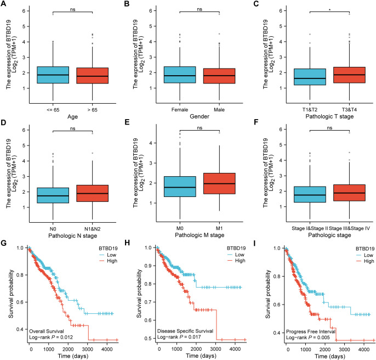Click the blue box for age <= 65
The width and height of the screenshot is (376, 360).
[x=53, y=75]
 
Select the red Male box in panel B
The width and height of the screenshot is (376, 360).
[x=219, y=76]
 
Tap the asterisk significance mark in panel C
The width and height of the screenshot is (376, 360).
[x=330, y=10]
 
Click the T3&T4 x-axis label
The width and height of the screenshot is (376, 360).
[x=349, y=110]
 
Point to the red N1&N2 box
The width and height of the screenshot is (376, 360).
[x=92, y=193]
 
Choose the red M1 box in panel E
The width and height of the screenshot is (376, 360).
[x=219, y=183]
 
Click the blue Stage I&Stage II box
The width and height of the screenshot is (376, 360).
[x=310, y=194]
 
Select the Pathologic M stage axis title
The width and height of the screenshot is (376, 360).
[x=200, y=235]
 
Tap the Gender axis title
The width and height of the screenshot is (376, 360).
[x=200, y=116]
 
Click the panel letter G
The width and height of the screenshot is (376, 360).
[x=3, y=243]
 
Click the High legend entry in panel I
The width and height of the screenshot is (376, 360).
[x=365, y=261]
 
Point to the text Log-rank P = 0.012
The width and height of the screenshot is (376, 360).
[x=51, y=337]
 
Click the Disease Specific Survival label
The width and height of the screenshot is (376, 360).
[x=185, y=331]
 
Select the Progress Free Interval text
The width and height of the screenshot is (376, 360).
[x=311, y=331]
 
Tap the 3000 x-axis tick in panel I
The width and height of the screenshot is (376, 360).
[x=344, y=350]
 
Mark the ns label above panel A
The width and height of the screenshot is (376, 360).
[x=73, y=9]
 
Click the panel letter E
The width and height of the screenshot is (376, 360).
[x=127, y=122]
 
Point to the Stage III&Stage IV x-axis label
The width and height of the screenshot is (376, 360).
[x=349, y=228]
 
